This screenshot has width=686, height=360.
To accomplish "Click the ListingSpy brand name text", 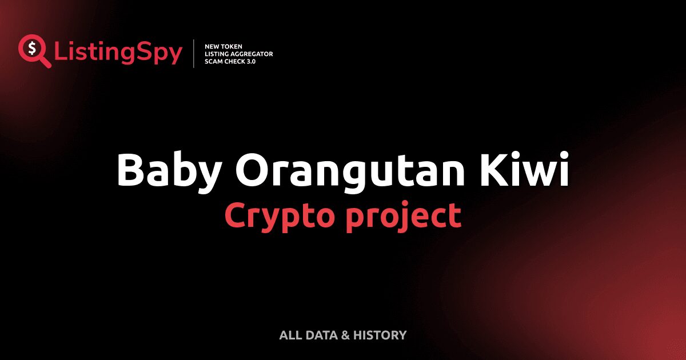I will [118, 53].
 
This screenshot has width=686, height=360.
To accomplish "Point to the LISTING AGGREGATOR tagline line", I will [238, 54].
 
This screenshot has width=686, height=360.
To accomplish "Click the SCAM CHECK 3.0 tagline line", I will [230, 61].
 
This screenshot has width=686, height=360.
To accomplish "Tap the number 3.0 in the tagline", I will [250, 61].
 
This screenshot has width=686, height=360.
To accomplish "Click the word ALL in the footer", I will [290, 335].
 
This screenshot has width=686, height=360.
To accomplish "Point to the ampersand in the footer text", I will [345, 335].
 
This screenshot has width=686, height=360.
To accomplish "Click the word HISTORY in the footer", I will [380, 335].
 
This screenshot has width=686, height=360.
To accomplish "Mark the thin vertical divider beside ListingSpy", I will [194, 54].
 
